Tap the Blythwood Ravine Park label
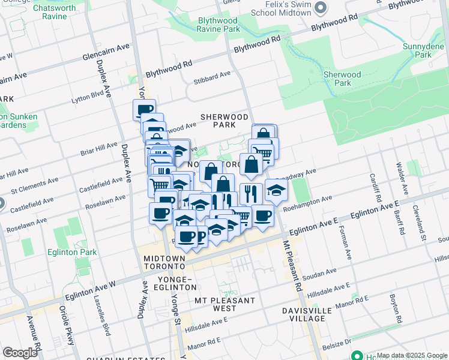tap(219, 25)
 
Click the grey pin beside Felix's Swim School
tap(320, 7)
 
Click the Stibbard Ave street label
tap(212, 76)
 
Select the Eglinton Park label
tap(71, 253)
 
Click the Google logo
tap(20, 353)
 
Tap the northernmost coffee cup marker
tap(144, 110)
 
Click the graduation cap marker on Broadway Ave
tap(276, 190)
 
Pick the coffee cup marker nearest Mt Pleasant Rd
tap(262, 215)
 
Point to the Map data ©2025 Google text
tap(412, 355)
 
